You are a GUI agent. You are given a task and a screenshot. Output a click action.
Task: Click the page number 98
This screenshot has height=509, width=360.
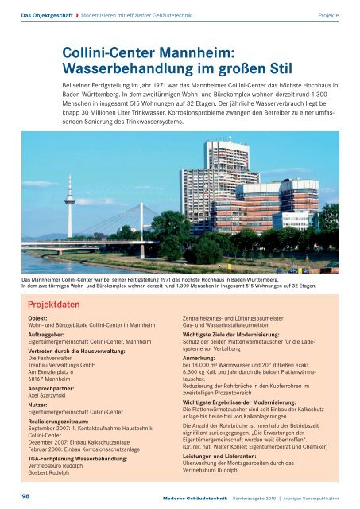click(x=27, y=495)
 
